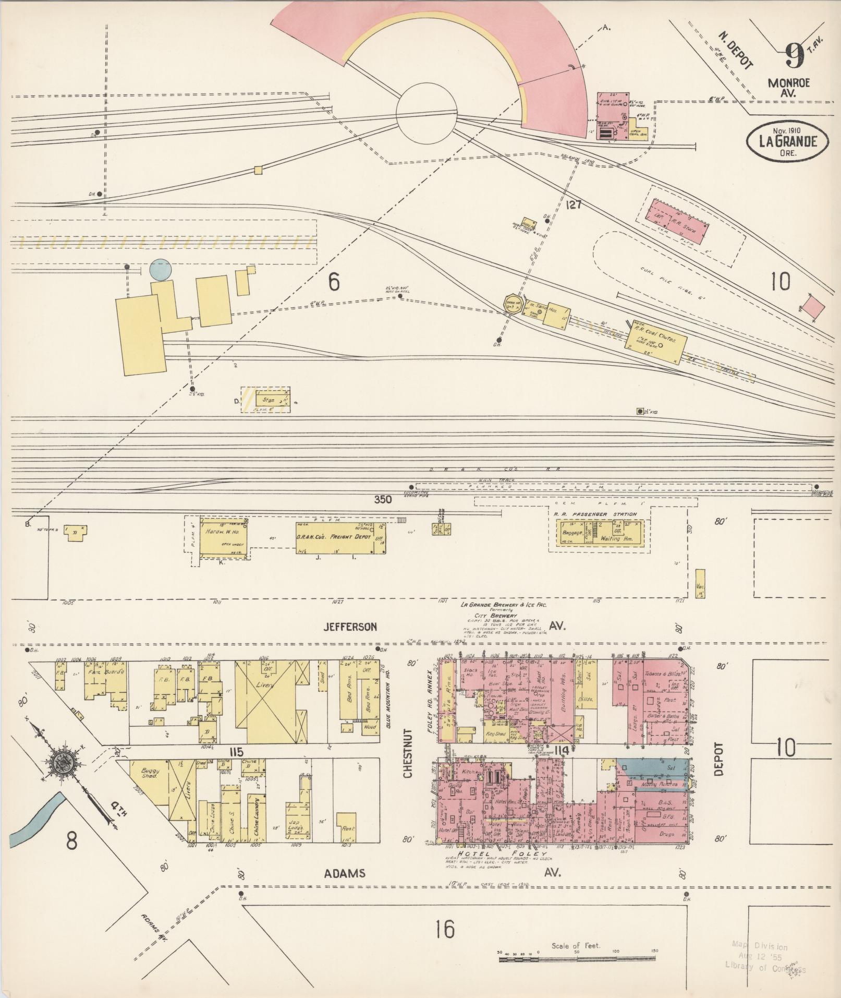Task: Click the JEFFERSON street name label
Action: click(349, 626)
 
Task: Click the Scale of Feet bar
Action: click(577, 958)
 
